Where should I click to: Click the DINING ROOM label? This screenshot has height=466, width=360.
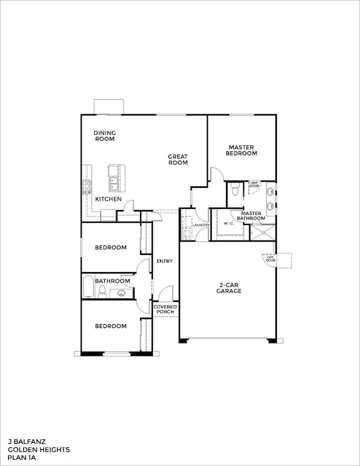coord(104,136)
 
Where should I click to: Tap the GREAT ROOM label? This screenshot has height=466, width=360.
coord(178,160)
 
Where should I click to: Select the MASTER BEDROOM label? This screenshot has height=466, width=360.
coord(243,150)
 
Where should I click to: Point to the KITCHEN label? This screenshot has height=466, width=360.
coord(108,198)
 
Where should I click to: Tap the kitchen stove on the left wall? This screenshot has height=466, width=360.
coord(86,187)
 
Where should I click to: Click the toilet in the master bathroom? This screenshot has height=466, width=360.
coord(235,190)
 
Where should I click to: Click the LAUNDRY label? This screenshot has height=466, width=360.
coord(200,225)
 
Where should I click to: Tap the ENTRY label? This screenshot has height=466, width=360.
coord(164,261)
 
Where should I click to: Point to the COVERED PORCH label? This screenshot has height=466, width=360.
coord(165,309)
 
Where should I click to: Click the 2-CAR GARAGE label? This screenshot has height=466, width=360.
coord(228,288)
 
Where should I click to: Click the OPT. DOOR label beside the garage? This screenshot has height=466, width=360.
coord(271,258)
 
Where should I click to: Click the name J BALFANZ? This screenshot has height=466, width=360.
coord(25,442)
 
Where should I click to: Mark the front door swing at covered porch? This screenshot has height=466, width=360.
coord(166,294)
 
